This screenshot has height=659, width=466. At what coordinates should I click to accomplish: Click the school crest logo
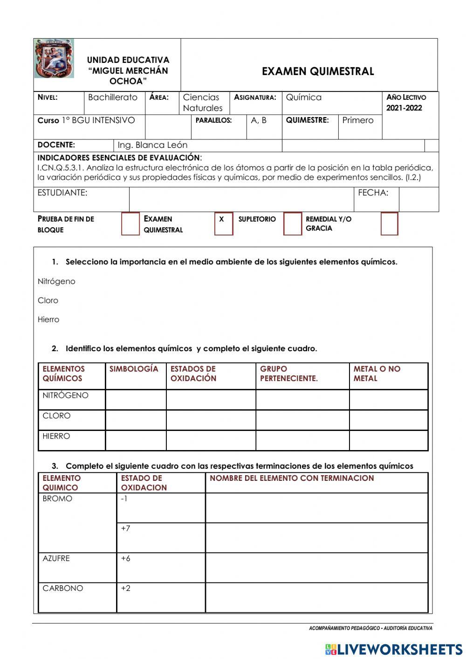coord(54,59)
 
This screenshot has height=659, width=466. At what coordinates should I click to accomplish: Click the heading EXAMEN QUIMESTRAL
coord(318,71)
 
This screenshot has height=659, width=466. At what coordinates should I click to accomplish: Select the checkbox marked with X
coord(223,224)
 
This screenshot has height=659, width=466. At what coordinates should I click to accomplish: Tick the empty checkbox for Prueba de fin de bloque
coord(130,224)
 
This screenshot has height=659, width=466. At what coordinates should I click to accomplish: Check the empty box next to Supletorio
coord(292,224)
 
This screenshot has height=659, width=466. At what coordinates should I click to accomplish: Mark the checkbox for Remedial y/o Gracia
coord(389,224)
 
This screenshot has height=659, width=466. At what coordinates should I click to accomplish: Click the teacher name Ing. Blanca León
coord(152,145)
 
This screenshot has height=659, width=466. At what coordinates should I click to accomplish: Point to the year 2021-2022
coord(404,108)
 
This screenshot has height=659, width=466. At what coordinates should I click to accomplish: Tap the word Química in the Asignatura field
coord(303,97)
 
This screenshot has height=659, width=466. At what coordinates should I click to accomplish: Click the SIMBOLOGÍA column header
coord(134,369)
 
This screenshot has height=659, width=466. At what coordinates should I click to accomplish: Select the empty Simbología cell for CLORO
coord(136,420)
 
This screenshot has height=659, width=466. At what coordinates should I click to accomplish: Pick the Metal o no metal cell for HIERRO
coord(388,440)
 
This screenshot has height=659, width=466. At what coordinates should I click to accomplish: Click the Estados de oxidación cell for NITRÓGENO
coord(211,400)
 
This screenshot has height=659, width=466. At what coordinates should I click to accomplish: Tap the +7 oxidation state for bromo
coord(126,528)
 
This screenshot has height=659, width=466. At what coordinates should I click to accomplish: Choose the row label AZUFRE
coord(56,558)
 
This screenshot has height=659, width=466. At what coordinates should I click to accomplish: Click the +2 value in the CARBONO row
coord(126,588)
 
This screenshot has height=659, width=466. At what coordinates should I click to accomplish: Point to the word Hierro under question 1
coord(48,319)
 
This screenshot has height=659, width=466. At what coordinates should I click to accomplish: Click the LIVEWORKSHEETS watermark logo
coord(394,649)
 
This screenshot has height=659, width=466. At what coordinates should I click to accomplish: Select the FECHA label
coord(373,193)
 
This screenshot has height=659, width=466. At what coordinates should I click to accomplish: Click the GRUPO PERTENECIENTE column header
coord(288,374)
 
